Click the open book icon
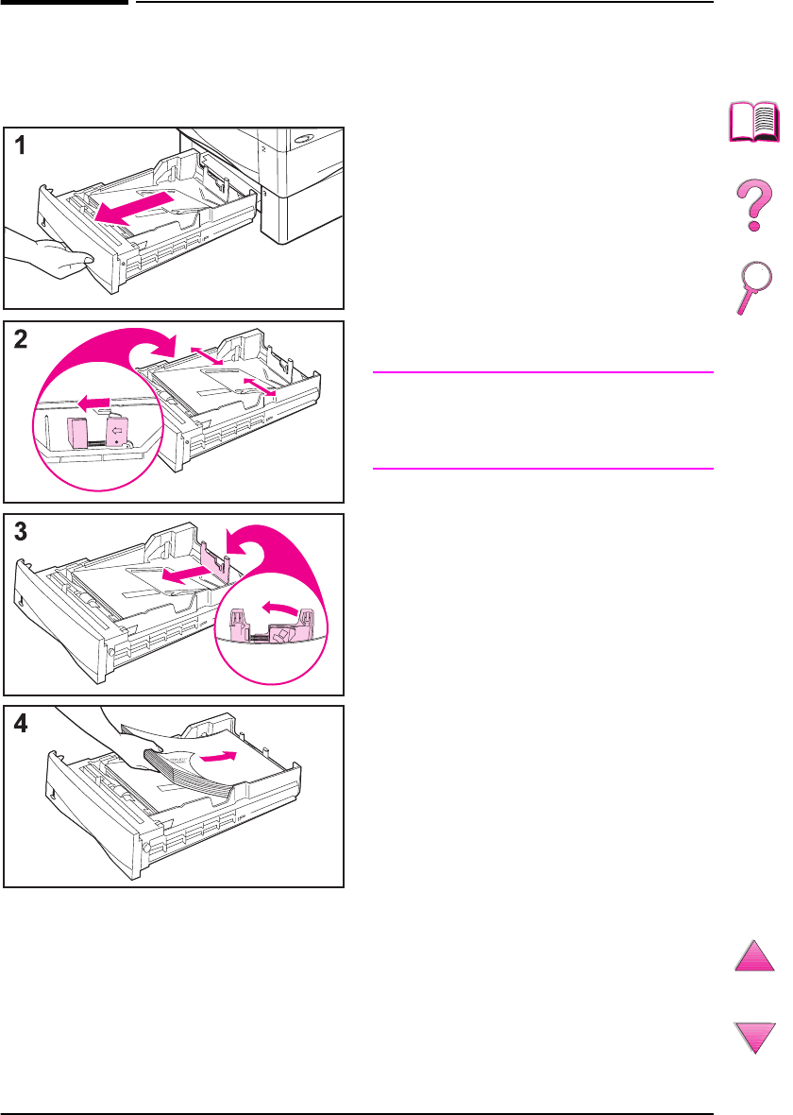coord(754,123)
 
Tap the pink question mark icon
coord(754,208)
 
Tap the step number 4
coord(20,724)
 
